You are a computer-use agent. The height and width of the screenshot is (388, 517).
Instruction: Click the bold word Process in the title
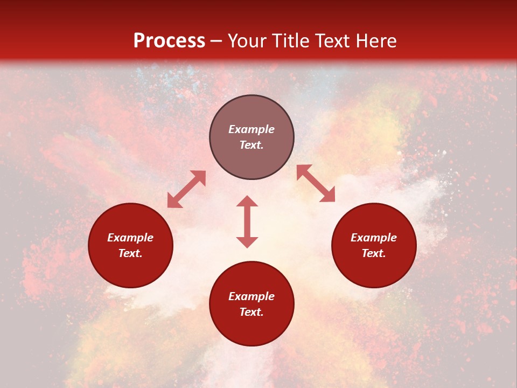tap(169, 41)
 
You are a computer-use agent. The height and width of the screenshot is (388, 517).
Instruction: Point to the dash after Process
tap(216, 41)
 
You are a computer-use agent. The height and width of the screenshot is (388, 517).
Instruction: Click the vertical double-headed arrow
tap(247, 221)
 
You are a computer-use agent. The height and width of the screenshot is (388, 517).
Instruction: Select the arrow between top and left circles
tap(186, 189)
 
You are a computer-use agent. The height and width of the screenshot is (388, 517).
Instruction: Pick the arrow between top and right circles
tap(316, 183)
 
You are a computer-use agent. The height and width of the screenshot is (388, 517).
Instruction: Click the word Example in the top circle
tap(251, 129)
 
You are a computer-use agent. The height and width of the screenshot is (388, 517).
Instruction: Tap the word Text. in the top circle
tap(251, 145)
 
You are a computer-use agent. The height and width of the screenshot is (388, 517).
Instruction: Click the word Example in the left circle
tap(130, 238)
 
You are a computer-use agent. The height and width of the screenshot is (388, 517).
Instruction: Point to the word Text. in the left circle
tap(130, 253)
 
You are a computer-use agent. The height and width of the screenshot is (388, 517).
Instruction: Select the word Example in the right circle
tap(374, 238)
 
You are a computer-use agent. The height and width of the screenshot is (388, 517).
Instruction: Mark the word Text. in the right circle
tap(374, 253)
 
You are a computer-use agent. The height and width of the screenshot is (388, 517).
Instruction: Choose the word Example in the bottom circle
tap(251, 296)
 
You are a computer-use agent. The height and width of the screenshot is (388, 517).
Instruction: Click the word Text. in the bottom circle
tap(251, 312)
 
